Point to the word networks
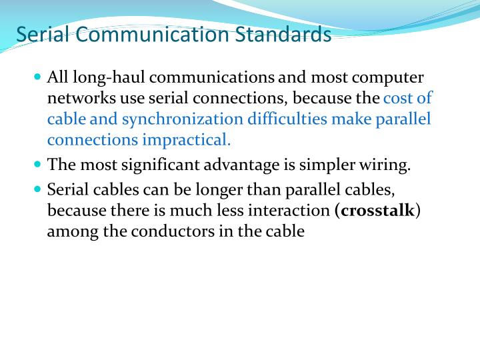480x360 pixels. click(79, 99)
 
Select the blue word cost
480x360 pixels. click(398, 99)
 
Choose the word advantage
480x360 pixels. click(248, 165)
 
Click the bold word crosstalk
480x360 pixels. click(377, 211)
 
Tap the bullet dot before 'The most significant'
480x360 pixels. click(37, 163)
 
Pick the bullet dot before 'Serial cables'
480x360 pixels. click(37, 189)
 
